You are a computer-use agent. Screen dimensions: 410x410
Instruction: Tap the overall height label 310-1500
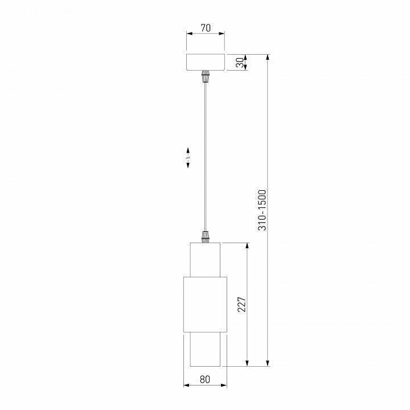pyautogui.click(x=262, y=210)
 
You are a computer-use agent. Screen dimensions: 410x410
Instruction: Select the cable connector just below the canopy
pyautogui.click(x=205, y=76)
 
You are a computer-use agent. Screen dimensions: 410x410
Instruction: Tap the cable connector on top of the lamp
pyautogui.click(x=205, y=236)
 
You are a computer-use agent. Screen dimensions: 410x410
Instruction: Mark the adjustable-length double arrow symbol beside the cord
pyautogui.click(x=188, y=159)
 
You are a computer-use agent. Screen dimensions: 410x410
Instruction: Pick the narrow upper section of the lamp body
pyautogui.click(x=205, y=259)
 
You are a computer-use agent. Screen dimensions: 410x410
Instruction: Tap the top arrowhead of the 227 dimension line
pyautogui.click(x=247, y=245)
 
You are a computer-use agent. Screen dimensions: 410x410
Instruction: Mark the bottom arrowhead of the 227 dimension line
pyautogui.click(x=247, y=362)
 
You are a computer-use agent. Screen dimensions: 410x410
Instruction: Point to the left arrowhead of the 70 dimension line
pyautogui.click(x=189, y=34)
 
